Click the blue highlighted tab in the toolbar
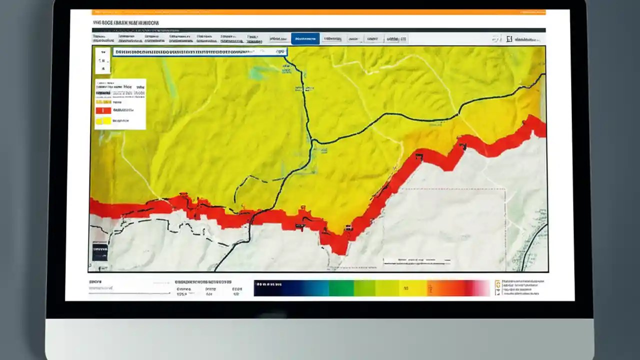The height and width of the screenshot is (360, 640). click(x=305, y=38)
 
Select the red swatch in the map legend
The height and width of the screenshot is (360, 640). click(x=103, y=110)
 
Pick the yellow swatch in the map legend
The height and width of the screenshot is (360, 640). click(x=103, y=120)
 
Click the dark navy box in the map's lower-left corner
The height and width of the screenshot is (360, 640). click(x=99, y=251)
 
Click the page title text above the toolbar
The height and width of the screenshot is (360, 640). click(x=125, y=22)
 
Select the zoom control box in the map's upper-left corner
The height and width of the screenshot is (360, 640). click(x=102, y=60)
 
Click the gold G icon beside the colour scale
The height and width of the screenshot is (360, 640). click(x=497, y=284)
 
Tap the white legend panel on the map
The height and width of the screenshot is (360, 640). click(x=120, y=104)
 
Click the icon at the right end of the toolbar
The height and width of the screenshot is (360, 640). click(x=509, y=38)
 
